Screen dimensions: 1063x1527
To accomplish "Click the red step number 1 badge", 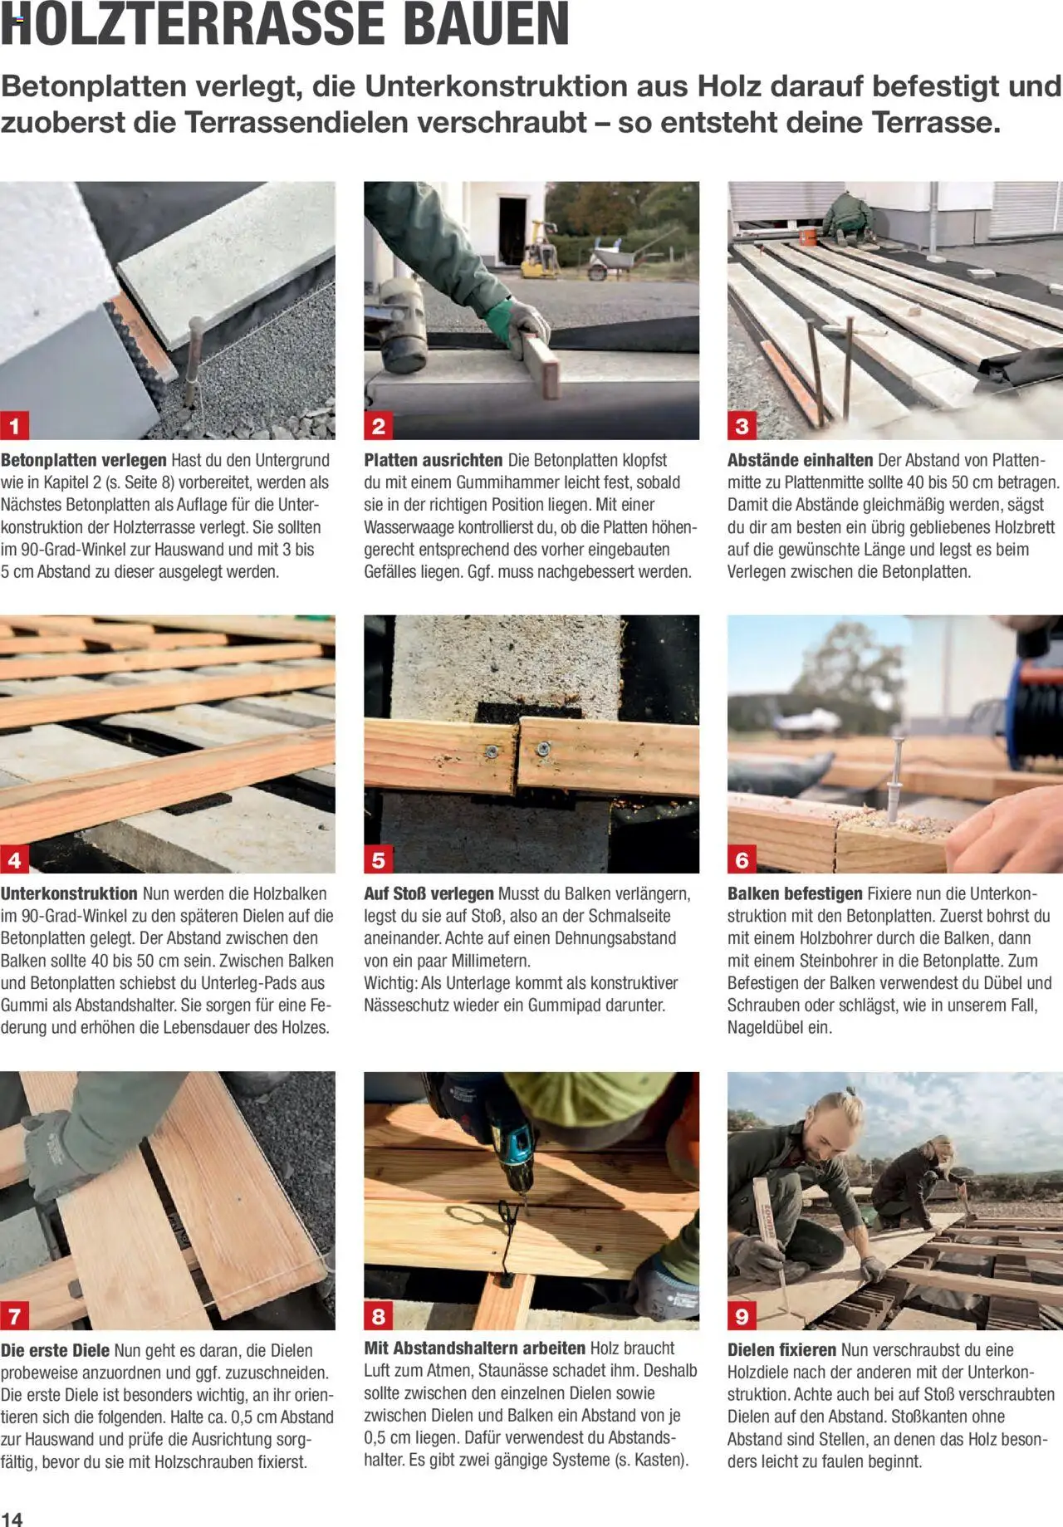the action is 15,426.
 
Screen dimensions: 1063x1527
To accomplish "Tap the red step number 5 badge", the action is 379,859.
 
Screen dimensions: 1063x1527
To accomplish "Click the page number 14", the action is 12,1518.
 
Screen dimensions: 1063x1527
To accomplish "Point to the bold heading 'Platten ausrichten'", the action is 434,460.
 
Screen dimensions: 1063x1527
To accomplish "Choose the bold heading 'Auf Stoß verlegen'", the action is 429,893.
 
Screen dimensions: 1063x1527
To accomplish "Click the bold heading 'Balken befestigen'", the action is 795,893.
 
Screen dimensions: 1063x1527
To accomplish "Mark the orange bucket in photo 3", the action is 806,236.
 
